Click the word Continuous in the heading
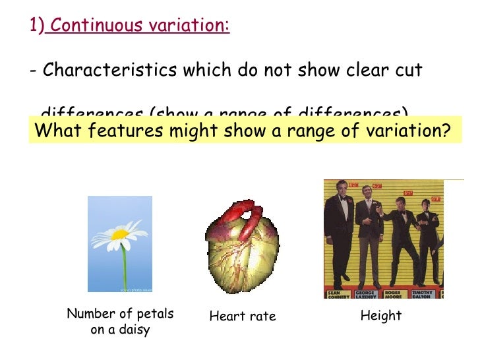[x=96, y=26]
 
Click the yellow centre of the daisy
[x=119, y=235]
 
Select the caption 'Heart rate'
[x=242, y=316]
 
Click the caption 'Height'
[x=381, y=316]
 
